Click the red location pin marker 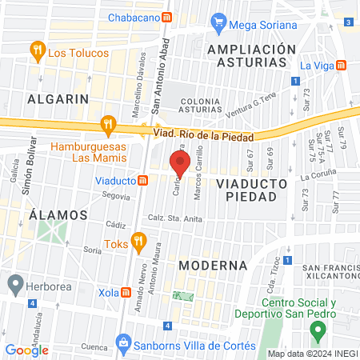pyautogui.click(x=180, y=163)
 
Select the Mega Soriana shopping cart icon pyautogui.click(x=218, y=24)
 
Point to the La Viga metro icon pyautogui.click(x=342, y=65)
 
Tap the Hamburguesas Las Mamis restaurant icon pyautogui.click(x=106, y=124)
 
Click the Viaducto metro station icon pyautogui.click(x=142, y=181)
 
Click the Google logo pyautogui.click(x=27, y=350)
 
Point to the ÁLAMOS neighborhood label pyautogui.click(x=57, y=215)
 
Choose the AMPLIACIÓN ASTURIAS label pyautogui.click(x=246, y=57)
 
